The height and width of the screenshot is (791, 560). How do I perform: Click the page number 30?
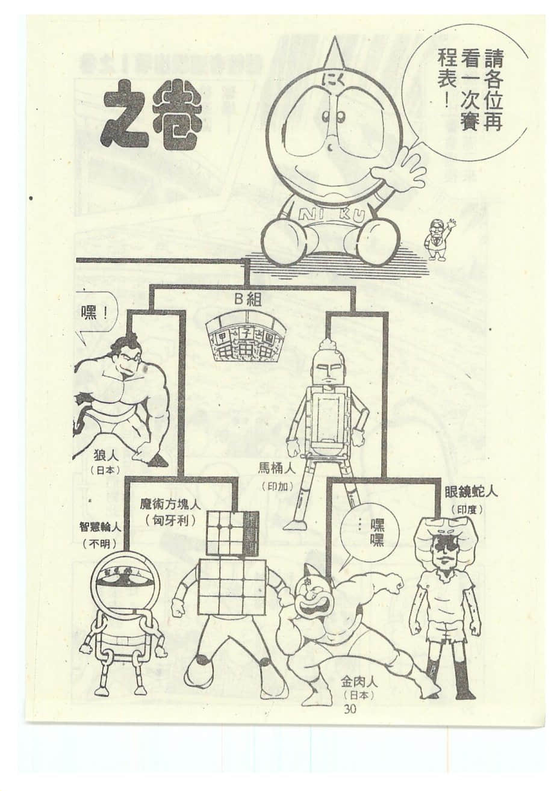click(x=350, y=709)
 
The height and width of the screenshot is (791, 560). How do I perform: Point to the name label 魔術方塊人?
click(x=170, y=504)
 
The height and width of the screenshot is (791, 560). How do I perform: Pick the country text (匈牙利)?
click(x=170, y=520)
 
